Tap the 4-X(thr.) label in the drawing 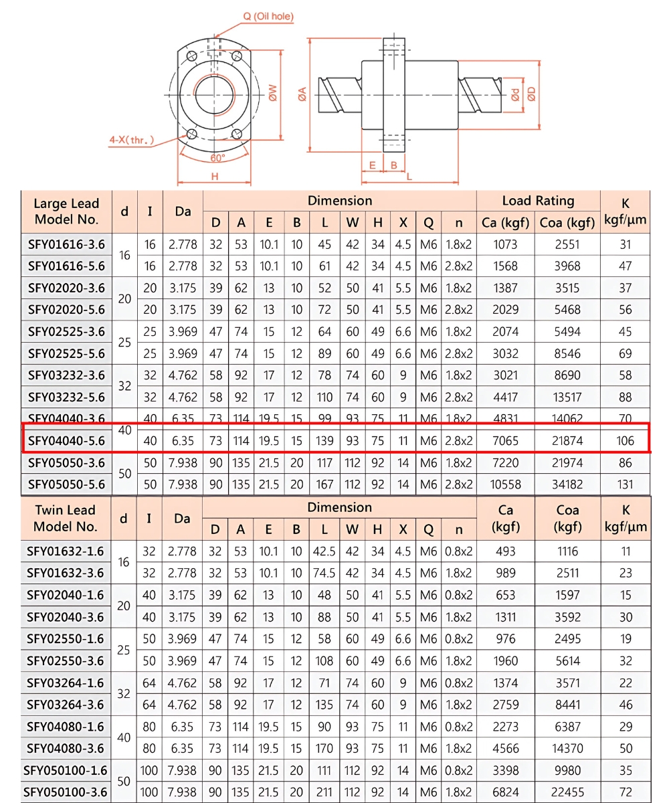(x=132, y=140)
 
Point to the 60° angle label (x=217, y=158)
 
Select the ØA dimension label (x=302, y=94)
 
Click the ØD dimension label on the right (x=531, y=94)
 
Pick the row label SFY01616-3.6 (x=66, y=244)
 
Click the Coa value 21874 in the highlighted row (x=567, y=441)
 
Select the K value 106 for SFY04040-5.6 (x=625, y=441)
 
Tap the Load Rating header (x=538, y=201)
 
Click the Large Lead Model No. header (x=66, y=211)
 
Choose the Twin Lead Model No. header (x=66, y=518)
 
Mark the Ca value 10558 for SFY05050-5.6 (x=505, y=484)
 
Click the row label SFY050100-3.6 (x=66, y=792)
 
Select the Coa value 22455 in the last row (x=567, y=792)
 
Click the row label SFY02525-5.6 (x=66, y=354)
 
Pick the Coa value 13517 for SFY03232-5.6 (x=567, y=397)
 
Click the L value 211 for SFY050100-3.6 (x=324, y=792)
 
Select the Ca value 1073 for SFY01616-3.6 (x=505, y=244)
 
